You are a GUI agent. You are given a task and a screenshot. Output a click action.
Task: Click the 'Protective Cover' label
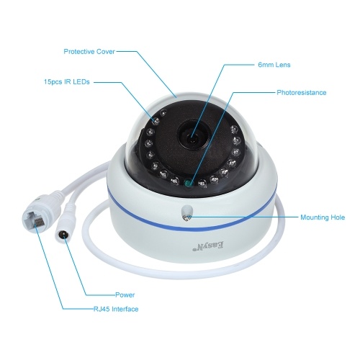click(89, 52)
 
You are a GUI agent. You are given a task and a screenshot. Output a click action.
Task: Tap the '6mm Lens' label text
click(274, 65)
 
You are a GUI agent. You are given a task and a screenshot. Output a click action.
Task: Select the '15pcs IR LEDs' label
click(67, 82)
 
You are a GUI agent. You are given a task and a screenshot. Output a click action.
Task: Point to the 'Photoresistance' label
click(302, 93)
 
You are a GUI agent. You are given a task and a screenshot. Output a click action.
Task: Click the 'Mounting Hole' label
click(323, 217)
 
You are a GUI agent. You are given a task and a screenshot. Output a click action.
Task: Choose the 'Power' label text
click(125, 294)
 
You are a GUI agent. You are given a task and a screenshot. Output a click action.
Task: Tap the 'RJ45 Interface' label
click(116, 309)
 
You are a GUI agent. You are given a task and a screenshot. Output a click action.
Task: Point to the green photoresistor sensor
click(188, 184)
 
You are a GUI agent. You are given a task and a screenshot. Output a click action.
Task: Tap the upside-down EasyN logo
click(208, 246)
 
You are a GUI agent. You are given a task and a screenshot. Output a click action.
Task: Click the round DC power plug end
click(62, 233)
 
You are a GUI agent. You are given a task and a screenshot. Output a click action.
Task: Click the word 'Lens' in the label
click(283, 65)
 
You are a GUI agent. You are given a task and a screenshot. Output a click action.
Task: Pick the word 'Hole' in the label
click(338, 217)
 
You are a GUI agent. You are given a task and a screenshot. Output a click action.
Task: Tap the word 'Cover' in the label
click(106, 52)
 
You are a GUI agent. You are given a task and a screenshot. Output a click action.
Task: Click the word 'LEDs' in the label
click(81, 82)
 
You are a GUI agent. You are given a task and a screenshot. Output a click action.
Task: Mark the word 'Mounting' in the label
click(315, 217)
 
